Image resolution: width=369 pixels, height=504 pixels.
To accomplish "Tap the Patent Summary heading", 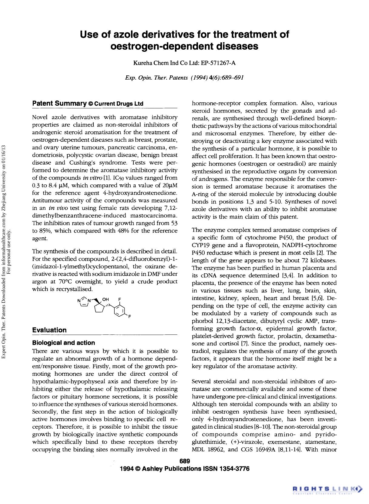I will [59, 104].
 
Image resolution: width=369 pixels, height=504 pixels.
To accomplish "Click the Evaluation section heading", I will [49, 330].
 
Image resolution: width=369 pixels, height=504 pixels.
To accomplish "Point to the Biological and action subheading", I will [64, 343].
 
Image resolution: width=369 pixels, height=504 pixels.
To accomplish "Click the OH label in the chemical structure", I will [106, 299].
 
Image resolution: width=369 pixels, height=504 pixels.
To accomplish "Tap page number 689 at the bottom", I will [184, 461].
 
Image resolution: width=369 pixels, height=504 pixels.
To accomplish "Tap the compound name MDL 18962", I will [208, 449].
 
